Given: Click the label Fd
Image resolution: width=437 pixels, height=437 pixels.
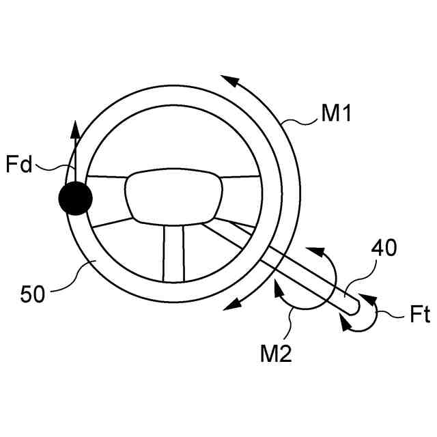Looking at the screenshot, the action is tap(18, 165).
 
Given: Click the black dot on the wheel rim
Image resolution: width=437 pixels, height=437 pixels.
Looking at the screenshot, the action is tap(74, 199).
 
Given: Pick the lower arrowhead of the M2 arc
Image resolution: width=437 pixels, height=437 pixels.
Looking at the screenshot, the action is tap(278, 287).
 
